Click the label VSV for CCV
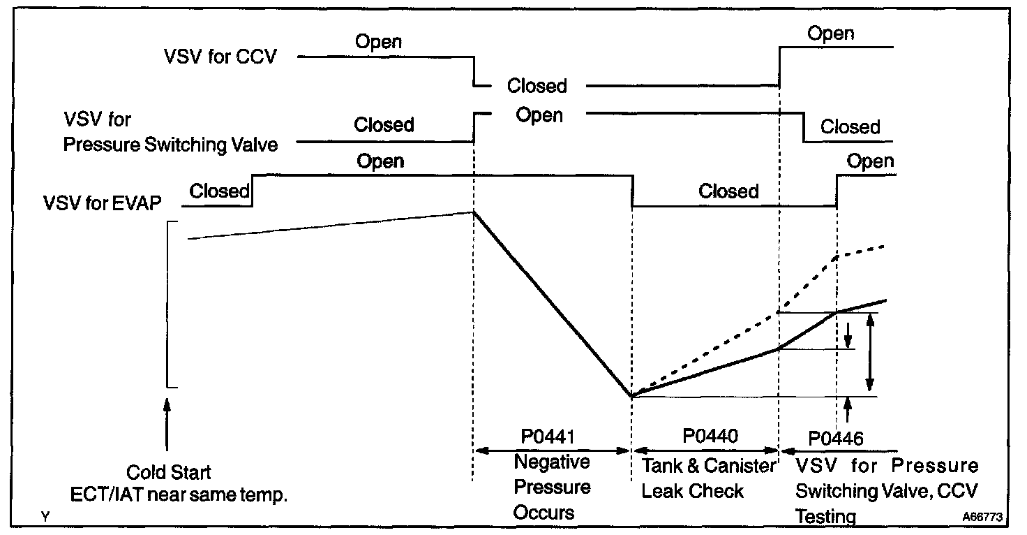pos(220,56)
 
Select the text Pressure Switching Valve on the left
pos(170,145)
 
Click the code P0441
pos(551,437)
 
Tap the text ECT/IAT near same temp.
pos(179,495)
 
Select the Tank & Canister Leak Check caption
pos(708,478)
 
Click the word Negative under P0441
pos(551,462)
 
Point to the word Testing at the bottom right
pos(826,517)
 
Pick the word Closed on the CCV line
pos(537,86)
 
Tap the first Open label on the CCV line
pos(378,41)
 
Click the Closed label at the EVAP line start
pos(220,191)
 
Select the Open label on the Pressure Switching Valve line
pos(539,115)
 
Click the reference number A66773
pos(982,518)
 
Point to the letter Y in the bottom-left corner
pos(45,517)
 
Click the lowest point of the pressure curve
pos(631,396)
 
